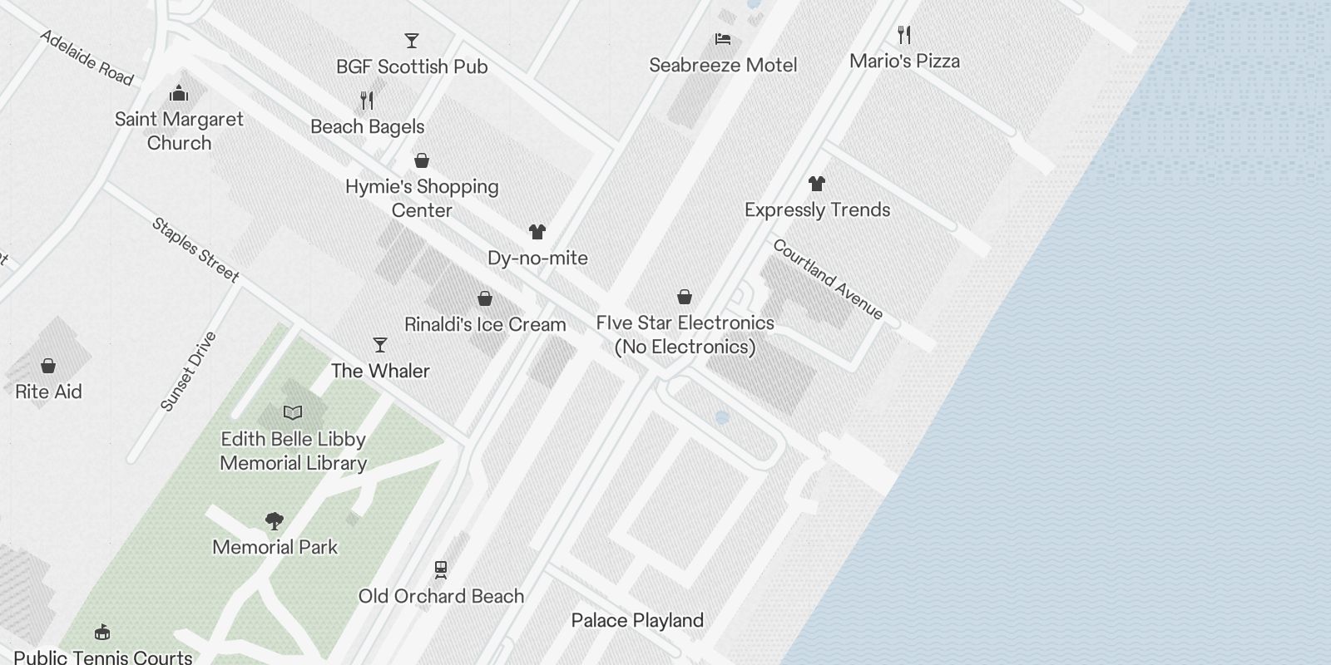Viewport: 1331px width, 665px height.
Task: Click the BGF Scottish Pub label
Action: coord(412,66)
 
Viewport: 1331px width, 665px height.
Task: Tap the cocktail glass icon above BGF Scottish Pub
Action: coord(411,40)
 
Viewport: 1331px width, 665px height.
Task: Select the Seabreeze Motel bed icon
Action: coord(723,39)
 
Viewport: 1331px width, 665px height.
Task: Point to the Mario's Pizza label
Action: coord(904,61)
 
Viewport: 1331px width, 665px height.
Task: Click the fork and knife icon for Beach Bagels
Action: coord(367,101)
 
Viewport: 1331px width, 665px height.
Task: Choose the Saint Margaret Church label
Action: coord(179,131)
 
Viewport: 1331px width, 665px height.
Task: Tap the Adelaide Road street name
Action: coord(87,57)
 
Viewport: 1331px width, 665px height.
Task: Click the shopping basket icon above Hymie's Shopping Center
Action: coord(422,160)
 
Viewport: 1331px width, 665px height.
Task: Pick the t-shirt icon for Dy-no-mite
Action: coord(537,232)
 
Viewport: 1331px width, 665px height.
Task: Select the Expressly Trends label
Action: coord(817,209)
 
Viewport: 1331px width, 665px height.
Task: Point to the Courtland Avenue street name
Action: coord(828,279)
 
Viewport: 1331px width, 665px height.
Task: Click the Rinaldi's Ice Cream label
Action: coord(485,324)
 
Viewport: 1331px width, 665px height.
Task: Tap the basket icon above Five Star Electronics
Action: coord(685,297)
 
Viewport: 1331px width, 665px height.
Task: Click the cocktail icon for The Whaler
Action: coord(380,345)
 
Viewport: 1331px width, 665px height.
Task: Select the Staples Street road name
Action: coord(195,250)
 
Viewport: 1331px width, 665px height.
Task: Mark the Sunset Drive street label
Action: coord(188,372)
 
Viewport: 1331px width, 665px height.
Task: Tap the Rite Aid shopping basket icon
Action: coord(48,366)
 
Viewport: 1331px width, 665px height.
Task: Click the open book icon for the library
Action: coord(293,412)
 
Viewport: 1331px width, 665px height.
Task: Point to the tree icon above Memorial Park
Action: coord(275,521)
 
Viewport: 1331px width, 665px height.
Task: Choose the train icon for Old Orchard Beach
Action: coord(441,570)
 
